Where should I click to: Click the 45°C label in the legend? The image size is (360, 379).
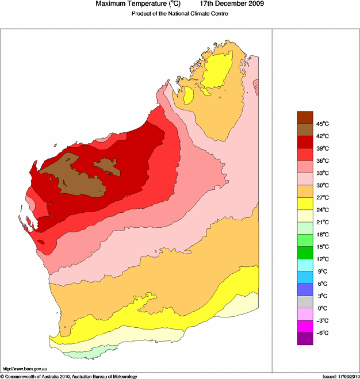pos(321,124)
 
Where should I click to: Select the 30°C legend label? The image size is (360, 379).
pos(321,185)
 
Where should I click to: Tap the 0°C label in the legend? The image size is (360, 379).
pos(321,308)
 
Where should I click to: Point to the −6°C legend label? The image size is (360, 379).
pos(321,333)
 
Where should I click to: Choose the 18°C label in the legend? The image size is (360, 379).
pos(321,235)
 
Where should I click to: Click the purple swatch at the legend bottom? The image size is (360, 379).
pos(305,339)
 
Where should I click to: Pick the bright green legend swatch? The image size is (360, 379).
pos(305,253)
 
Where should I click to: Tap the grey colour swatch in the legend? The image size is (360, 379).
pos(305,302)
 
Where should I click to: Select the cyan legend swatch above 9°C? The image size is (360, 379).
pos(305,265)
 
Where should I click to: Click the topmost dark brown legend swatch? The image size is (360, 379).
pos(305,117)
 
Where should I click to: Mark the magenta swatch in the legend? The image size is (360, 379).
pos(305,327)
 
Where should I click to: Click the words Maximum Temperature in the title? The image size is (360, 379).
pos(129,5)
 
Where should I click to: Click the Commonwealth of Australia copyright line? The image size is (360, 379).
pos(69,376)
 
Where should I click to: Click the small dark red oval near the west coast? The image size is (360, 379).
pos(41,242)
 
